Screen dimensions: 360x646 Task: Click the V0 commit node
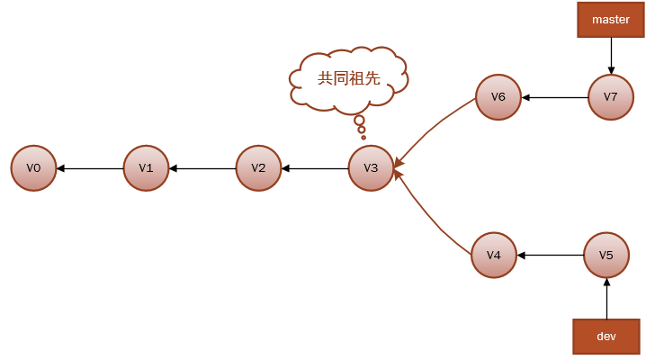coord(34,168)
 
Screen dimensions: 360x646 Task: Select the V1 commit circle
coord(146,168)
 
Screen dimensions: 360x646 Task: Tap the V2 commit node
coord(258,168)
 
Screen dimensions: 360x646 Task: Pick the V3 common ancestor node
coord(371,168)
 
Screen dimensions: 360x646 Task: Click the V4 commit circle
coord(494,256)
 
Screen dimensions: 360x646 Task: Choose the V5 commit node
coord(606,256)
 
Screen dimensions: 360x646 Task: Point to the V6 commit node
coord(498,97)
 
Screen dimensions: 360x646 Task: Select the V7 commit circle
coord(611,97)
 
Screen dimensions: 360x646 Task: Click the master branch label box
coord(611,20)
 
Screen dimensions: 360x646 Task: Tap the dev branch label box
coord(606,336)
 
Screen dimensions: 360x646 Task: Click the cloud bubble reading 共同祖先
coord(349,79)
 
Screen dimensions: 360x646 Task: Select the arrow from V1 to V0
coord(90,168)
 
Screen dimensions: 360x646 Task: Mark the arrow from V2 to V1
coord(202,168)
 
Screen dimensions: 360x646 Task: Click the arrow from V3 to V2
coord(315,168)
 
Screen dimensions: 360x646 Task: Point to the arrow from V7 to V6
coord(555,97)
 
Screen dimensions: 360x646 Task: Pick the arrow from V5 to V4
coord(551,256)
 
